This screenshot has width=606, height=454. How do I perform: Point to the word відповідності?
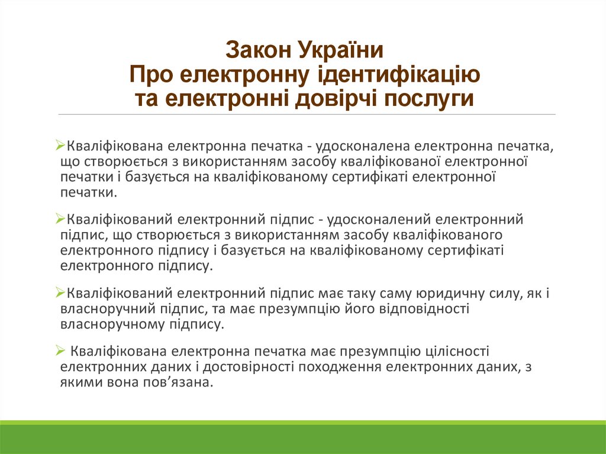coord(417,308)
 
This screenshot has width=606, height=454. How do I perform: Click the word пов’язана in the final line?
coord(185,382)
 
